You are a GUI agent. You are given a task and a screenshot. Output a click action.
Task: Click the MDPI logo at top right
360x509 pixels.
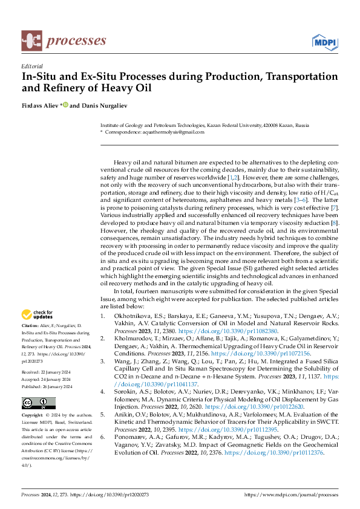(325, 41)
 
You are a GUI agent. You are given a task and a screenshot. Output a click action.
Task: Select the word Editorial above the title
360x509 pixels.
(31, 66)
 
